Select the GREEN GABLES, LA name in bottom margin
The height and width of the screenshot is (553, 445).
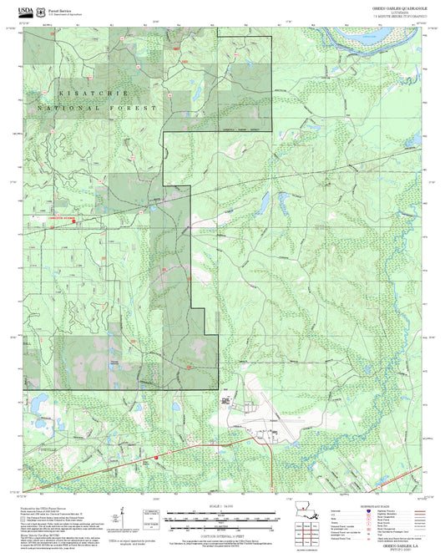[393, 543]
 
